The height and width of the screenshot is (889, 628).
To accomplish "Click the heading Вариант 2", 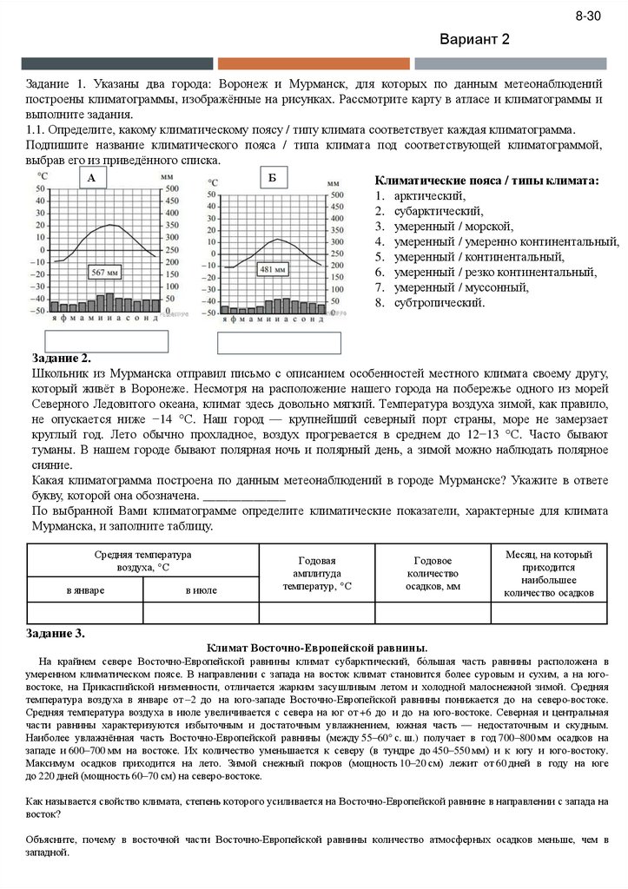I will click(x=474, y=40).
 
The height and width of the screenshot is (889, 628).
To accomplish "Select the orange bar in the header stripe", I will click(x=314, y=63).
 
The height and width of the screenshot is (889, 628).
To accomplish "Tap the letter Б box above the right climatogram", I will click(x=272, y=178).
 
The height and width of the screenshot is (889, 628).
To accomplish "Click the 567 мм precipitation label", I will click(x=105, y=273).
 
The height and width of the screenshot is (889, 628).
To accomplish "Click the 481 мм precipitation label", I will click(x=274, y=269).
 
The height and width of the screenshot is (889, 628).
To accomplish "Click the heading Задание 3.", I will click(x=57, y=633).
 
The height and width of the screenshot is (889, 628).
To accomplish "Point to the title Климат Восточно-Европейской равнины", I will click(x=317, y=648).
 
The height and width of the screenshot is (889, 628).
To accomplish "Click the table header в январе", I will click(x=85, y=590).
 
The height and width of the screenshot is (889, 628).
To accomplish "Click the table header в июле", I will click(x=201, y=590).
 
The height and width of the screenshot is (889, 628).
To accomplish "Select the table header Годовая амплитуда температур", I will click(x=317, y=573).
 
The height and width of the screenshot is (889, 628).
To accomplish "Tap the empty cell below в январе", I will click(x=85, y=613).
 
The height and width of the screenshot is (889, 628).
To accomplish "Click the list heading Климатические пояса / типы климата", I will click(x=486, y=180).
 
